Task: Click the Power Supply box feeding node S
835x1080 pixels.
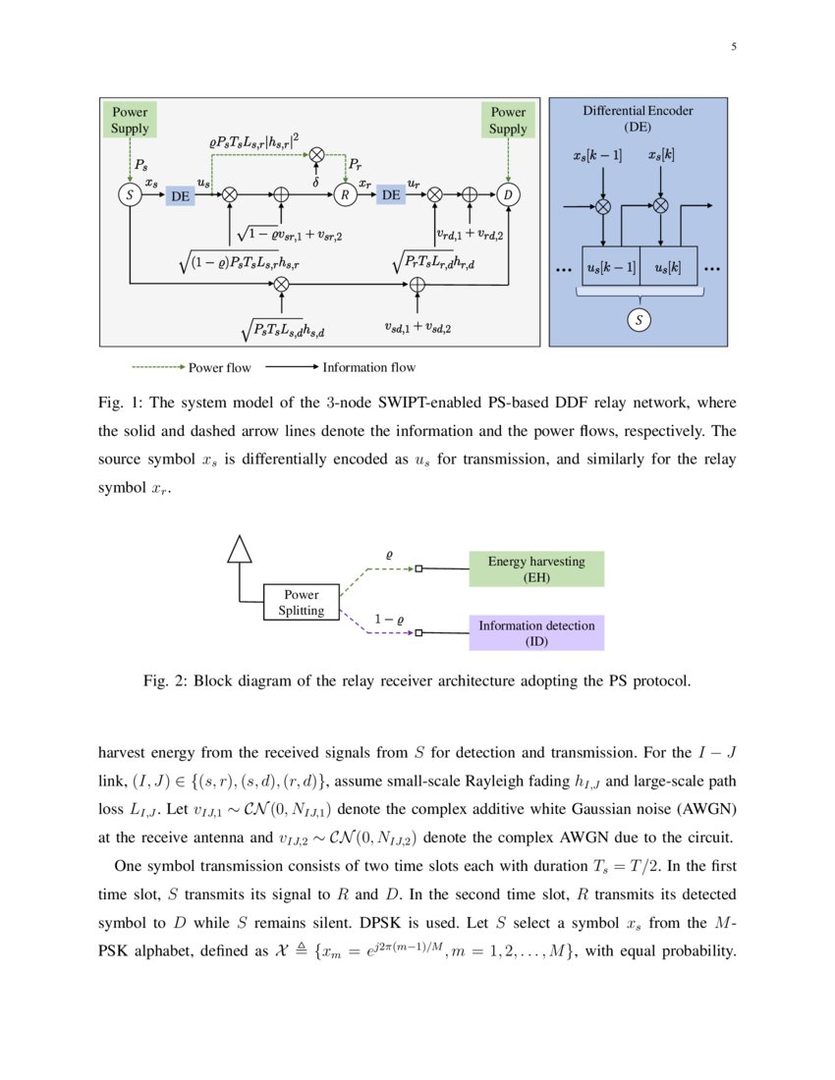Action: (x=130, y=121)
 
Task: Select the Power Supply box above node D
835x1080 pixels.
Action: (x=508, y=121)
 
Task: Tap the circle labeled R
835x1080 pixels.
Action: (x=346, y=195)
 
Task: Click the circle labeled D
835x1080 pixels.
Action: (x=508, y=195)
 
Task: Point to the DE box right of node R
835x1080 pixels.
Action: (x=391, y=195)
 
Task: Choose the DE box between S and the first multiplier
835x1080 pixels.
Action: (x=180, y=196)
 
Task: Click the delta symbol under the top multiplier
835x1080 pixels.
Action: (x=315, y=181)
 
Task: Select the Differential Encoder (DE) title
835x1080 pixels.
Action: (x=638, y=119)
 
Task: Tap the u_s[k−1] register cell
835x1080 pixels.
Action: (x=611, y=267)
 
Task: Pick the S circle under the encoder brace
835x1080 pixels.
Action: (x=640, y=319)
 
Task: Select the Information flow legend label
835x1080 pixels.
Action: (x=368, y=368)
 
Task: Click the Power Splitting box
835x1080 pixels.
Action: (x=302, y=603)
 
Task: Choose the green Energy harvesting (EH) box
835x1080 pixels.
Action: (x=536, y=569)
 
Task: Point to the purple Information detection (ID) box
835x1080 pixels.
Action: (x=536, y=633)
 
